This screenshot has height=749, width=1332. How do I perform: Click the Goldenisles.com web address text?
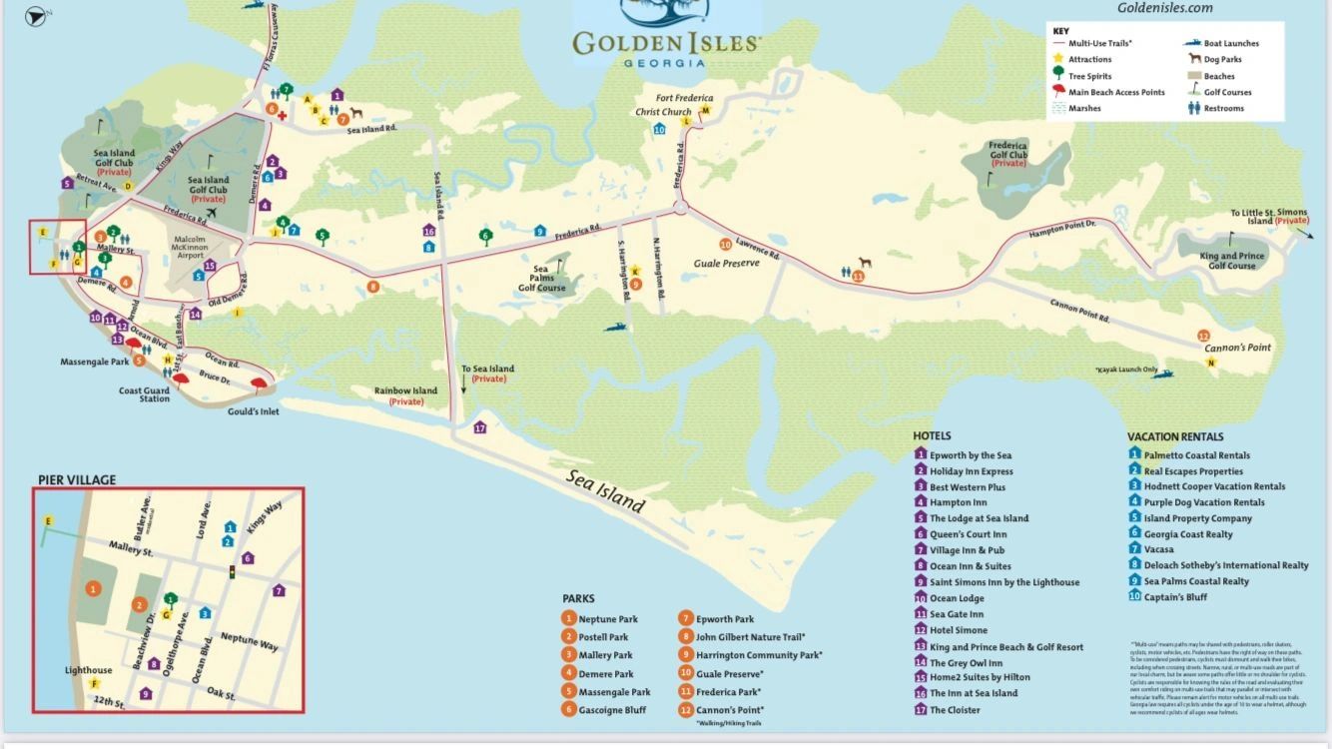coord(1164,8)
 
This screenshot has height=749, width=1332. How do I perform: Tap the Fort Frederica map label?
coord(684,98)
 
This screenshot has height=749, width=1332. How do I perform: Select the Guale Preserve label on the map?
coord(726,263)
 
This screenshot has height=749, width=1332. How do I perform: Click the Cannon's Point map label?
coord(1243,347)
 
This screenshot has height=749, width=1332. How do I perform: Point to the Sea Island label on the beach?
coord(605,490)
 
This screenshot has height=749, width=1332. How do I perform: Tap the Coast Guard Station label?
coord(145,394)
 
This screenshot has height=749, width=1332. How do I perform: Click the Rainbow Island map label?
coord(406,395)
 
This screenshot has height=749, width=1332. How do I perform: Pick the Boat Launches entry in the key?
coord(1231,44)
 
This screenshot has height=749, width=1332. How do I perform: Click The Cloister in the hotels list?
coord(955,710)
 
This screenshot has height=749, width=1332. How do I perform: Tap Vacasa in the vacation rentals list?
coord(1158,549)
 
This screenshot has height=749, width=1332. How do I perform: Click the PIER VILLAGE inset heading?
coord(77,480)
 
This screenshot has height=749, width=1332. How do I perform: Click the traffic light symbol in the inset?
coord(232,573)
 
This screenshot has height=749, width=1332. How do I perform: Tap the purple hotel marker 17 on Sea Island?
coord(480,428)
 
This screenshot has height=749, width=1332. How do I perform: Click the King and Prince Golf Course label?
coord(1232,261)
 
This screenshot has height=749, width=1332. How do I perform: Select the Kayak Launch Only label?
coord(1125,371)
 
